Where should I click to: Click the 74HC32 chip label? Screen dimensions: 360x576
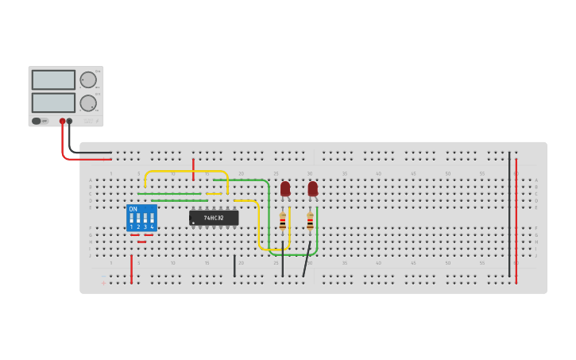point(214,218)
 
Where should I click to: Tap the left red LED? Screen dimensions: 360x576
point(285,188)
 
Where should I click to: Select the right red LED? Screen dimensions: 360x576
point(313,188)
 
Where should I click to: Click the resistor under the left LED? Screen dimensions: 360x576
point(283,222)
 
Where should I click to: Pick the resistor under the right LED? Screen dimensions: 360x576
point(310,222)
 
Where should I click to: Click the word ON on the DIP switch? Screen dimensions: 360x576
point(133,209)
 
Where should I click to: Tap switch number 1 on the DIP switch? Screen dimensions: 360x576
point(132,219)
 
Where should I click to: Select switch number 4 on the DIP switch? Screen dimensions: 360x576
point(152,219)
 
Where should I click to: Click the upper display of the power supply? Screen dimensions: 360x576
point(53,80)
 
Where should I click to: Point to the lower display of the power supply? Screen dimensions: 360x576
point(53,103)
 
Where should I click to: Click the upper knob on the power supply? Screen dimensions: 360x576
point(88,79)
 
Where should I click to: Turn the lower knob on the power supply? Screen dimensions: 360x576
point(88,103)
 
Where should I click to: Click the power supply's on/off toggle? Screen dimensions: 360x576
point(37,121)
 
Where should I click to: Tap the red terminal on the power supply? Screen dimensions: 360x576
point(62,121)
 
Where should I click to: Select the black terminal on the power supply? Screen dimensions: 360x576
point(70,121)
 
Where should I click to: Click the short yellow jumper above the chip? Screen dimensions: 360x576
point(214,193)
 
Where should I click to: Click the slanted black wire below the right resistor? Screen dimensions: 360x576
point(307,260)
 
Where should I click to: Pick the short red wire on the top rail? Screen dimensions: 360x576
point(193,168)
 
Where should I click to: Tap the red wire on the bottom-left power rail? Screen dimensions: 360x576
point(132,269)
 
